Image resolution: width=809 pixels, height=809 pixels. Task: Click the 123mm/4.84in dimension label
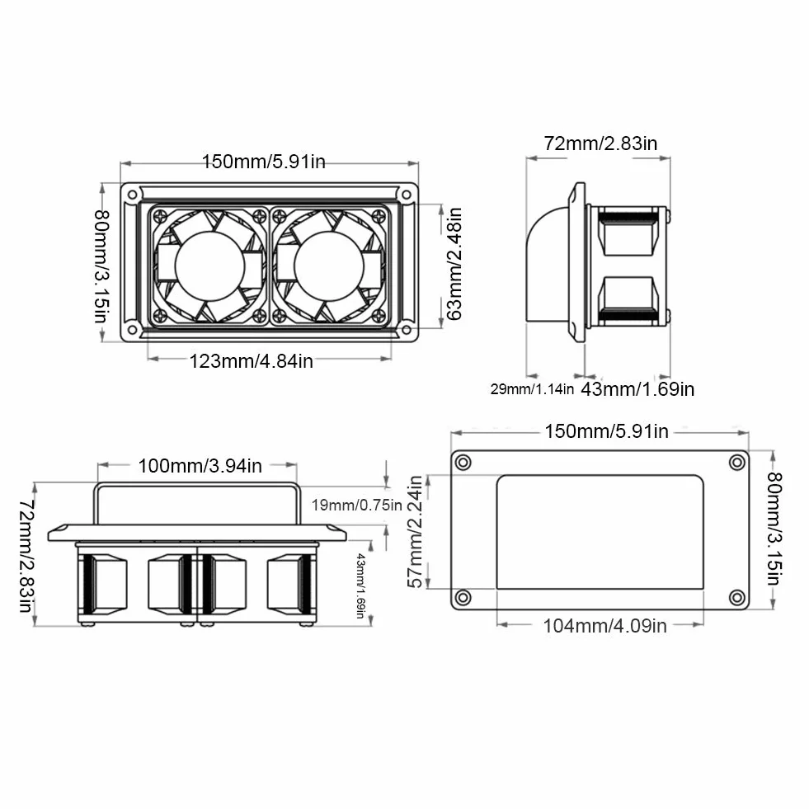coord(252,361)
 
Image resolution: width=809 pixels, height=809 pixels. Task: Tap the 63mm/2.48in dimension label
coord(454,264)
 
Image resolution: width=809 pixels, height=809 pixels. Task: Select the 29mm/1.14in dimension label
coord(532,389)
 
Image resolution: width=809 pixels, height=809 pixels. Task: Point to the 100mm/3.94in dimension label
coord(200,466)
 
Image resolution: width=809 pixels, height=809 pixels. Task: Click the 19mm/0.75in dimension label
coord(356,505)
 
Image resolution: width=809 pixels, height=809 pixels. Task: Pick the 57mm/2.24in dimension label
coord(416,532)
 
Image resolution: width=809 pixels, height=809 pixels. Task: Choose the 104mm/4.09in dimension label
coord(604,626)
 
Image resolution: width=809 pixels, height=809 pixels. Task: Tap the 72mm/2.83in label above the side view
coord(600,143)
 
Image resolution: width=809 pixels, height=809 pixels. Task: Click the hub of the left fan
coord(209,266)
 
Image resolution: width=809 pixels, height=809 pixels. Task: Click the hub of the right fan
coord(329,266)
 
